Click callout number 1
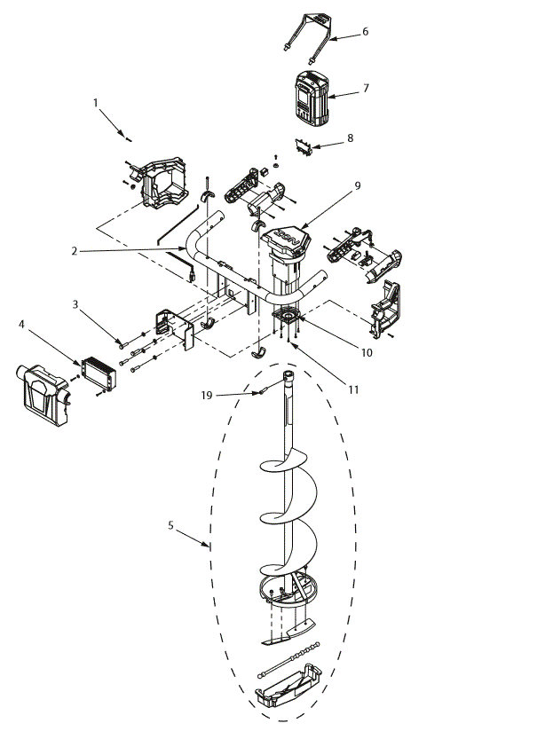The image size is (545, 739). pos(95,103)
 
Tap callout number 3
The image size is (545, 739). pos(76,304)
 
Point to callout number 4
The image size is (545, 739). pos(21,325)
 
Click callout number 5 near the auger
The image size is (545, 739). pos(170,524)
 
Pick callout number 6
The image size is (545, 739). pos(365,31)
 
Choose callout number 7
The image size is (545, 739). pos(365,88)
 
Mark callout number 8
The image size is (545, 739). pos(351,138)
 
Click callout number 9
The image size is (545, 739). pos(357,185)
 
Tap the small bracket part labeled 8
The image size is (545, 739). pos(305,149)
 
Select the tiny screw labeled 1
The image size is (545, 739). pos(129,138)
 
